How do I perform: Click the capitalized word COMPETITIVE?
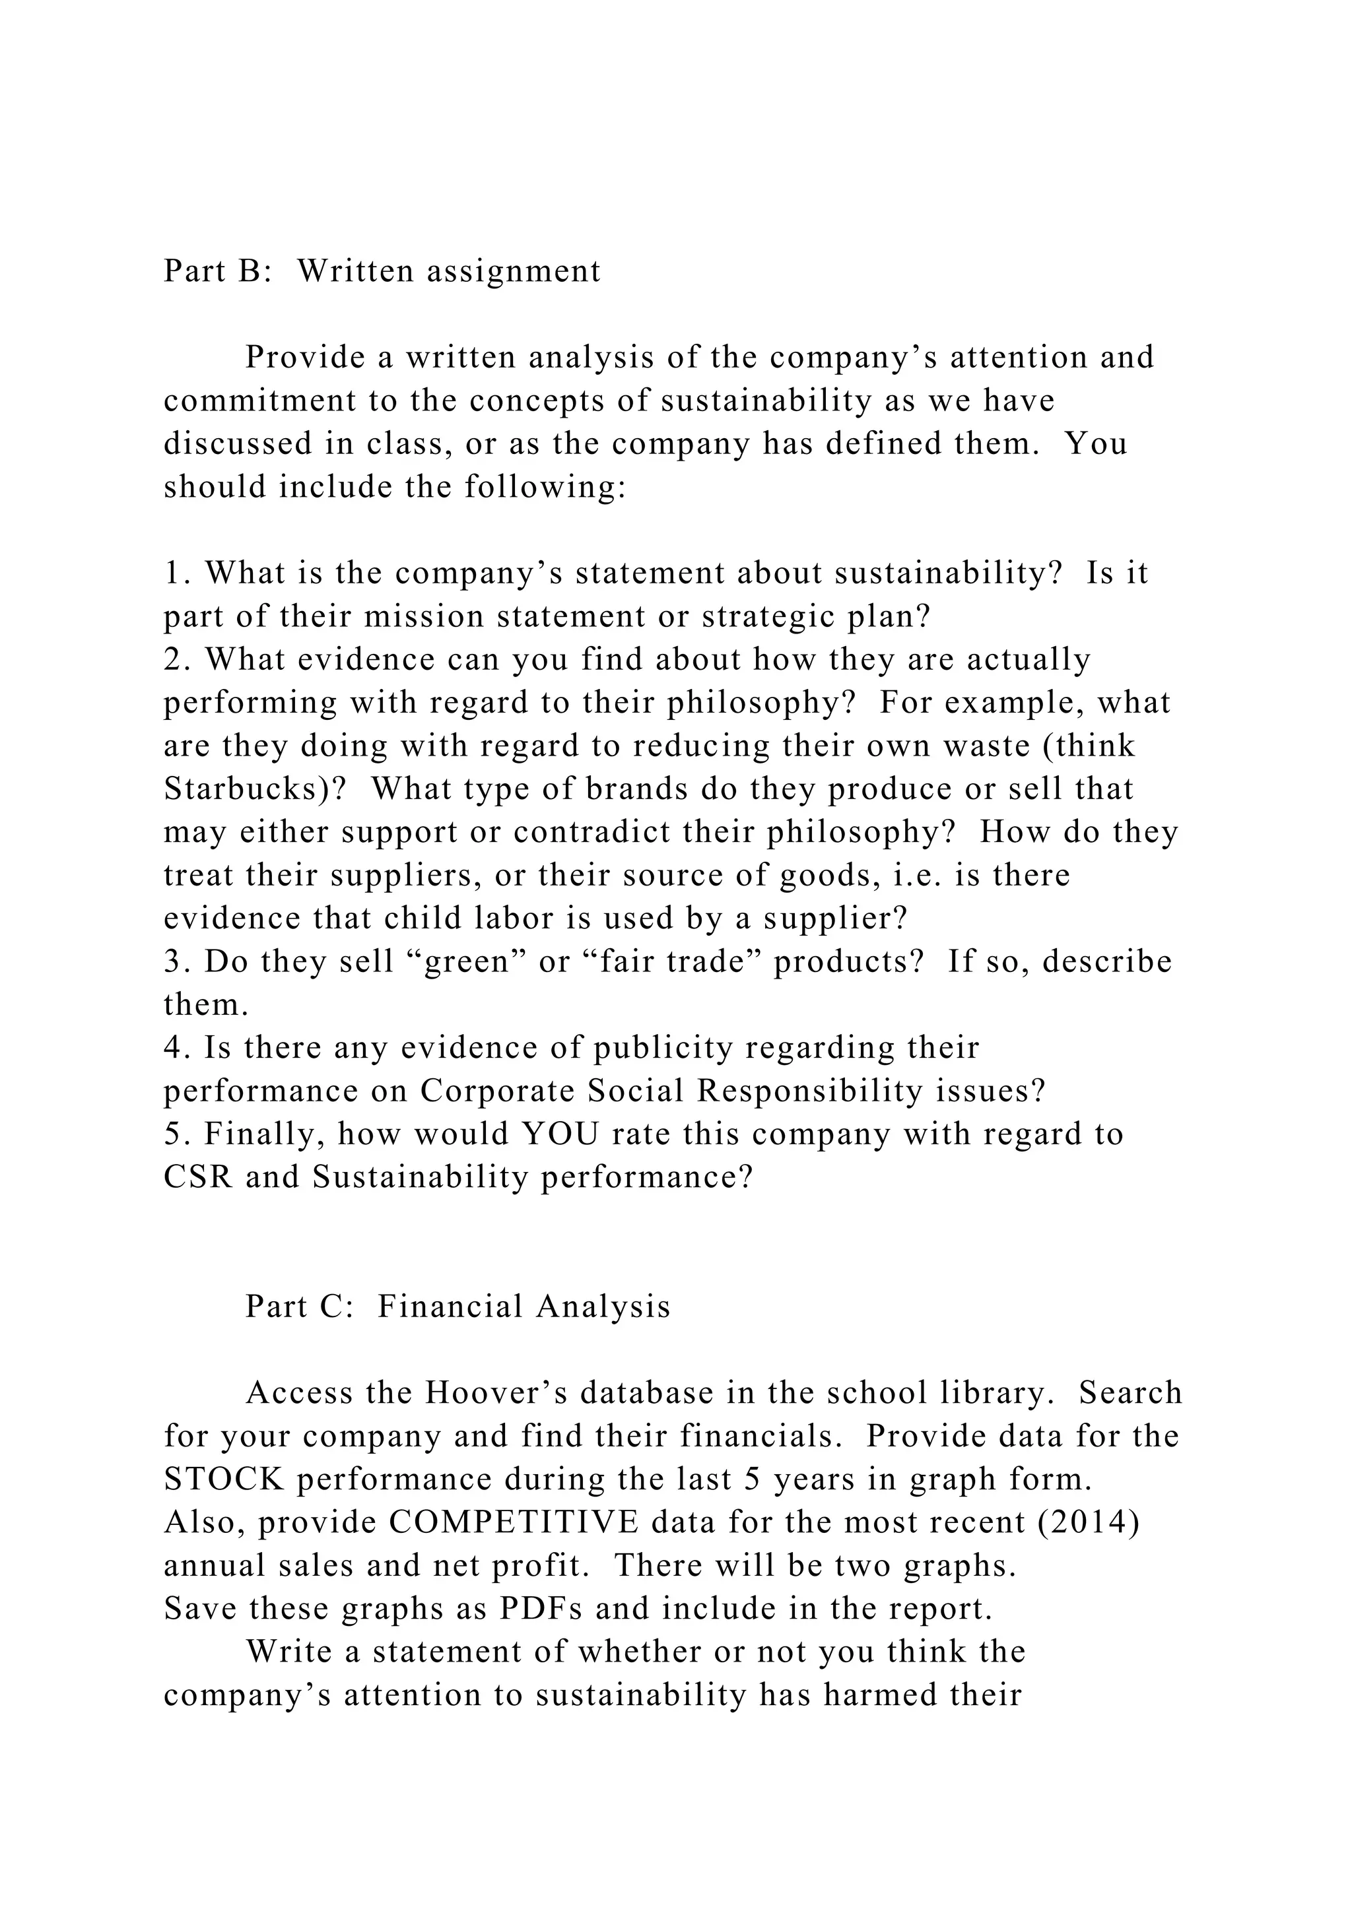[x=514, y=1522]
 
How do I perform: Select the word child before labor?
[x=420, y=918]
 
